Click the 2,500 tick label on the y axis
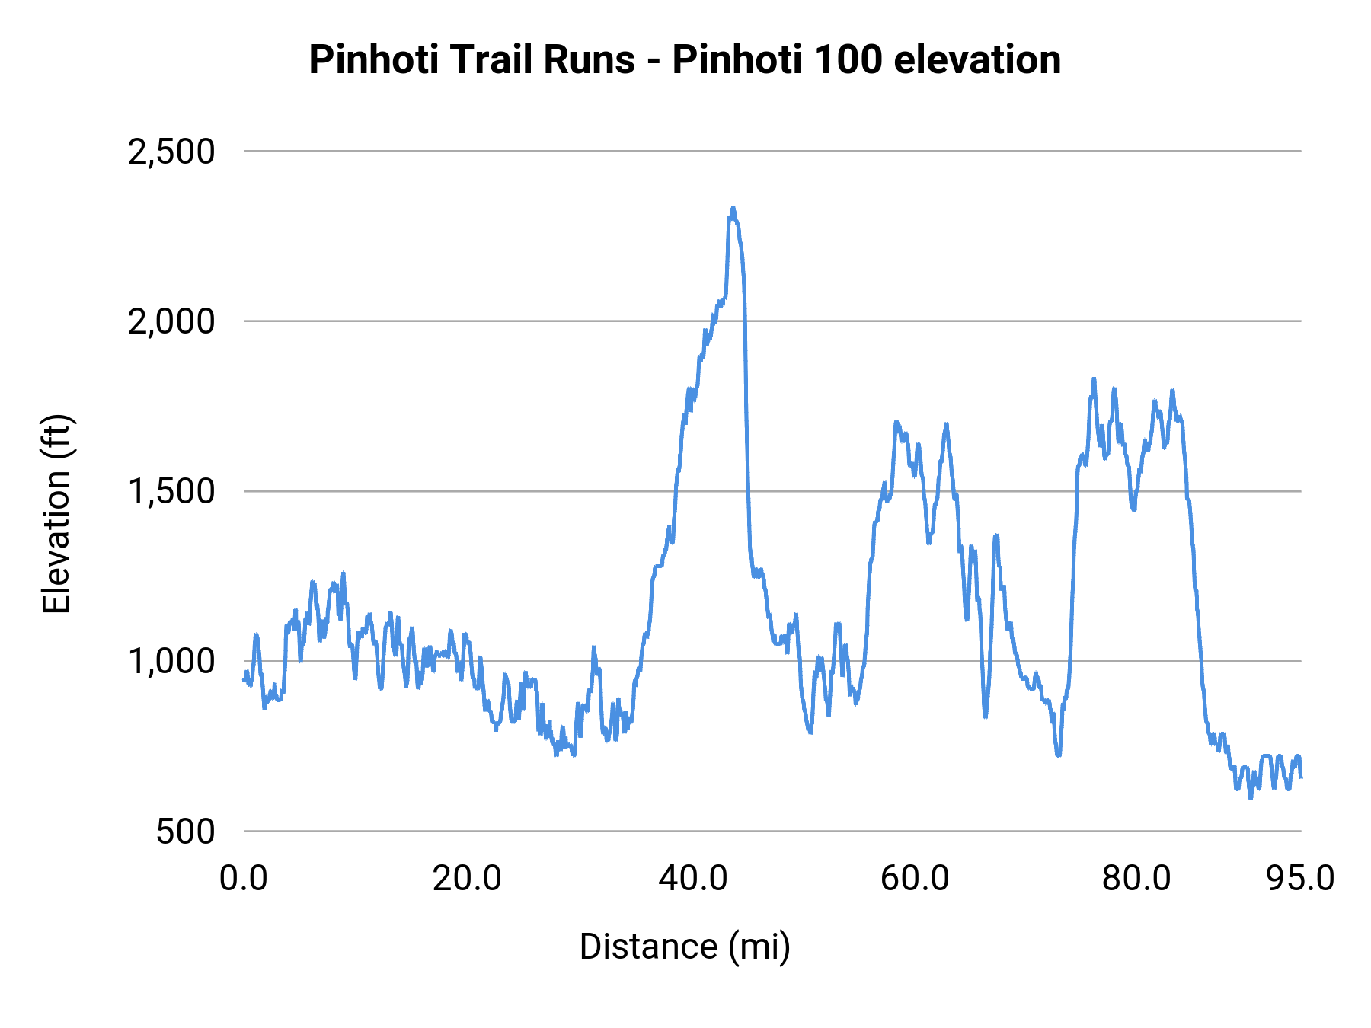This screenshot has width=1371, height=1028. [171, 152]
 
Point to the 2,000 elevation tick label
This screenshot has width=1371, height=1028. [171, 321]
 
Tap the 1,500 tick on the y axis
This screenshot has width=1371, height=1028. [171, 491]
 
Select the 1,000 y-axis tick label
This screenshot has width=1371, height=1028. [171, 661]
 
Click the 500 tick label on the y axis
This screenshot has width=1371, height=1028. [185, 831]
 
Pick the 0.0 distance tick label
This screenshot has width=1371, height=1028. [244, 878]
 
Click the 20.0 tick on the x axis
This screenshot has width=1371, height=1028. [466, 878]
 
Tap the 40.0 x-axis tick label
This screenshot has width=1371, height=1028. [692, 878]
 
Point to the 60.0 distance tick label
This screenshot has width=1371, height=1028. [915, 878]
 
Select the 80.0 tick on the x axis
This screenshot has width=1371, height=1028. [1136, 878]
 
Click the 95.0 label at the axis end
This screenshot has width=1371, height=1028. [1300, 878]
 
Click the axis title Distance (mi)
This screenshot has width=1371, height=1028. [685, 947]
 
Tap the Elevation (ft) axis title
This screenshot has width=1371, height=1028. [56, 514]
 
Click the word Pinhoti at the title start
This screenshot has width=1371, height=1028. [373, 59]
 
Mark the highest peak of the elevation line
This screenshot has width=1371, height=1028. [733, 208]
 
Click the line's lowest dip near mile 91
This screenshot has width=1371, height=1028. [1250, 797]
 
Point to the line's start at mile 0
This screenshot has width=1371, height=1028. [244, 680]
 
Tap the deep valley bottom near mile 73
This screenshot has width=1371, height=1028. [1058, 755]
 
